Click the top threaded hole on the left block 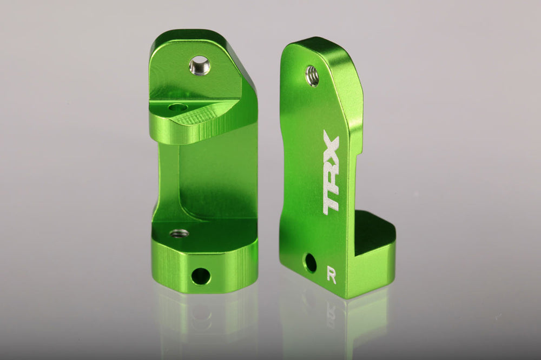pyautogui.click(x=200, y=65)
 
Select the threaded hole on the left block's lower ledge pyautogui.click(x=179, y=234)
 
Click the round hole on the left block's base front pyautogui.click(x=200, y=275)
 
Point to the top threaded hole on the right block pyautogui.click(x=312, y=76)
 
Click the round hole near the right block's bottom pyautogui.click(x=311, y=263)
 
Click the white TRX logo pyautogui.click(x=331, y=172)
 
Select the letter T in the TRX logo pyautogui.click(x=331, y=201)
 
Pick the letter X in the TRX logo pyautogui.click(x=331, y=145)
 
